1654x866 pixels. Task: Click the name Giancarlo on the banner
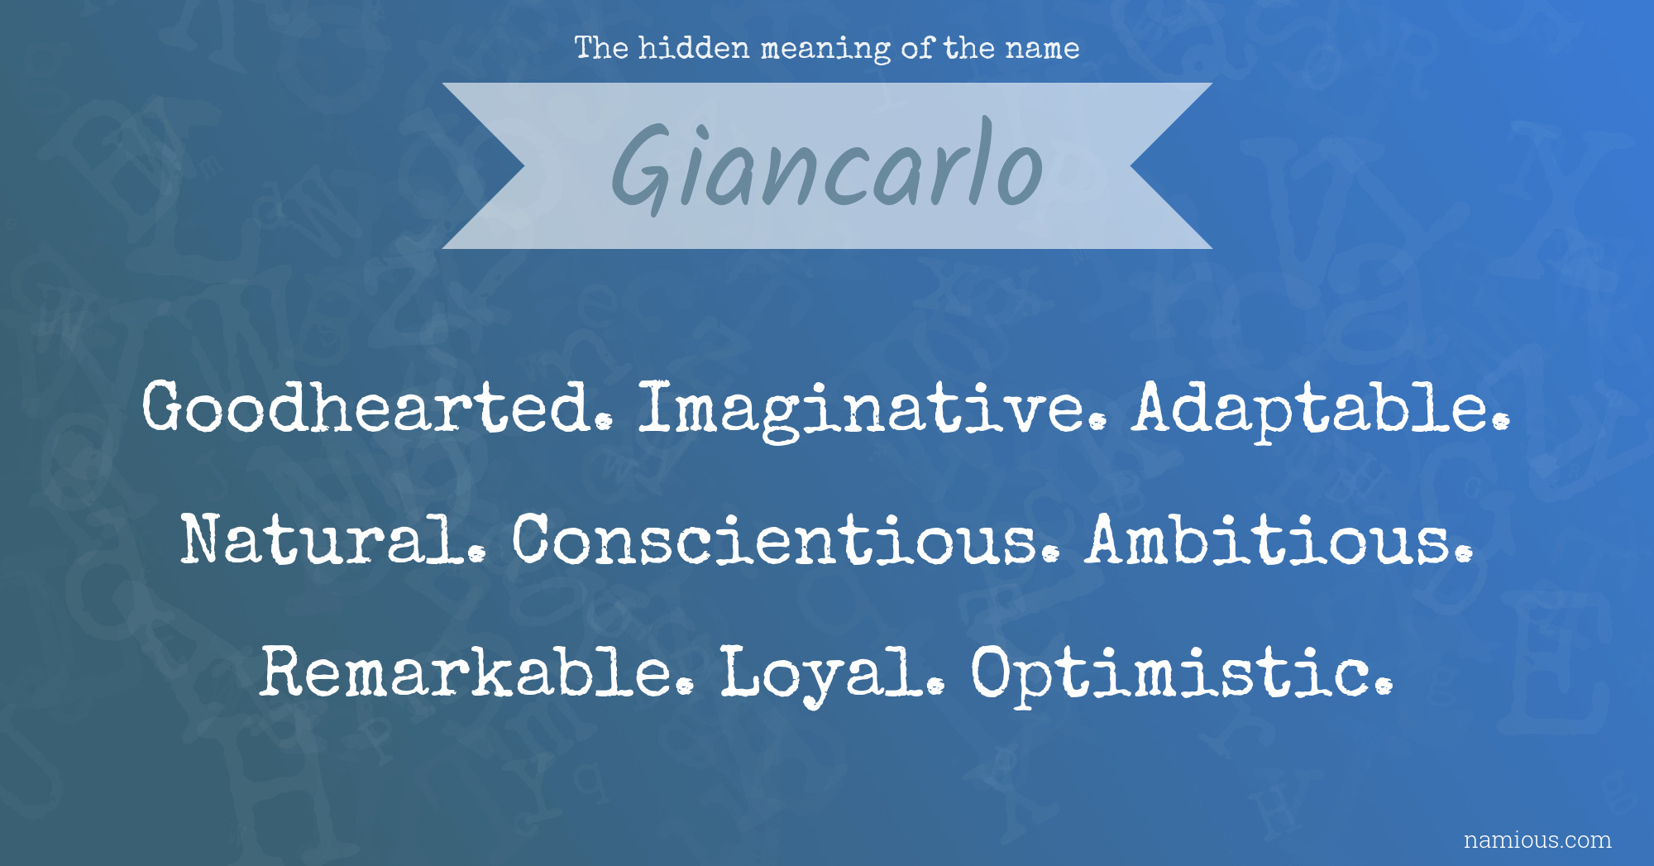(x=827, y=165)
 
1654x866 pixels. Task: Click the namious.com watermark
(x=1537, y=840)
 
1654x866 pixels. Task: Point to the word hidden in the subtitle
(x=694, y=48)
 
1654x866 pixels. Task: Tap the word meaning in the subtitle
(x=825, y=50)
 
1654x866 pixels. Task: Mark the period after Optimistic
(x=1383, y=687)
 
